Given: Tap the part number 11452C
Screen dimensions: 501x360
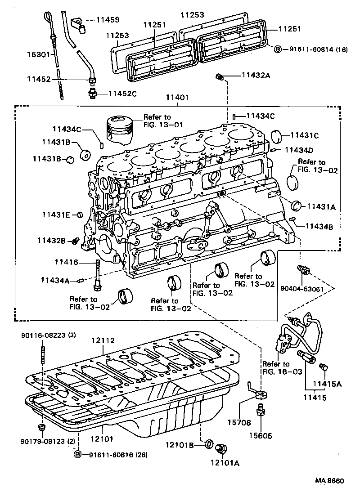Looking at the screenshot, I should [x=122, y=94].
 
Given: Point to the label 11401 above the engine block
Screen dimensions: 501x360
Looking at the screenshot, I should [x=178, y=97].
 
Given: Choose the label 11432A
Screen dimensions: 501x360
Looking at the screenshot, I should [x=256, y=76].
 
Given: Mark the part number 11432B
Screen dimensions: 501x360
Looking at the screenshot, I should [x=51, y=241].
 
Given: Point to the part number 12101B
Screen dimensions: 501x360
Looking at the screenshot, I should [x=191, y=445].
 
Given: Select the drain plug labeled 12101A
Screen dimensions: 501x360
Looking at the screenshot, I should [x=221, y=448].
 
